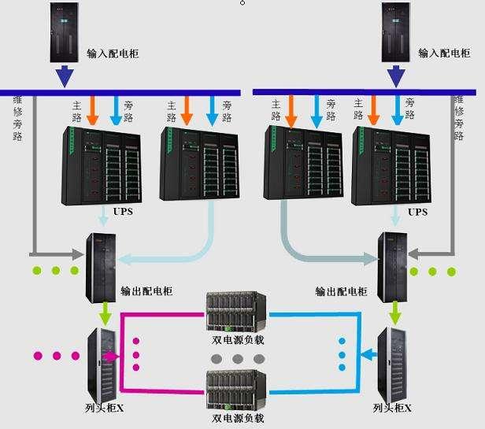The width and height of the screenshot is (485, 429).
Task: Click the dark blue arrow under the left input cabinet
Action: [64, 77]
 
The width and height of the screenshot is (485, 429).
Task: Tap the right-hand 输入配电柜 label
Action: [443, 54]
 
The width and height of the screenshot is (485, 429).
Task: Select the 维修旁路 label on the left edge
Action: [18, 118]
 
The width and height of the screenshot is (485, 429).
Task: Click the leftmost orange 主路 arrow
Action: [92, 111]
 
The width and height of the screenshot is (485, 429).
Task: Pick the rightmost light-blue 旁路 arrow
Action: [398, 111]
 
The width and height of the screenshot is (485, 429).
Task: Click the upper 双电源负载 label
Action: [238, 341]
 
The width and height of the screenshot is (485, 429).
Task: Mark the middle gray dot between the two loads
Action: [238, 358]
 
